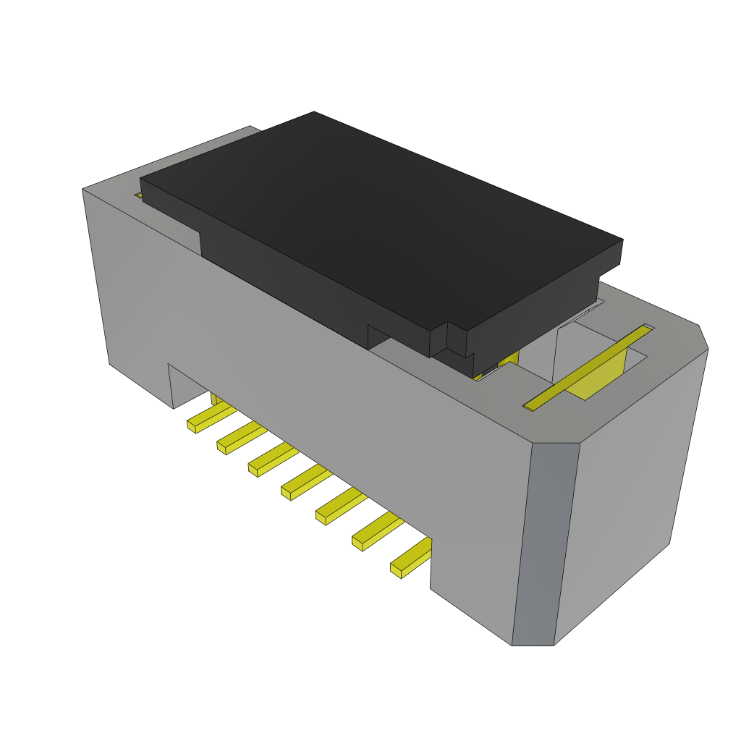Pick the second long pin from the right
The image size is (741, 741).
[x=376, y=532]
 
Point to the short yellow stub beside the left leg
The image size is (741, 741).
[x=216, y=399]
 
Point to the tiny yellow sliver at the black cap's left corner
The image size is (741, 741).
[x=137, y=195]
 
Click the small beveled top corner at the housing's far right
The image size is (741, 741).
[x=702, y=336]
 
